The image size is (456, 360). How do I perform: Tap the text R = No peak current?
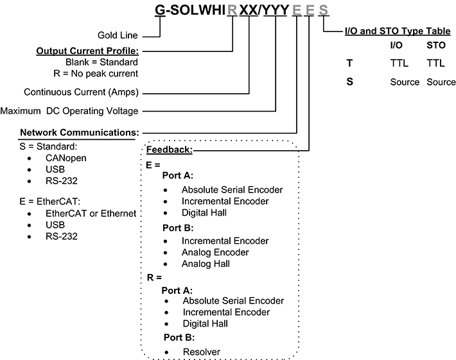coord(102,74)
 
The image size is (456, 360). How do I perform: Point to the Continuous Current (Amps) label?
coord(81,92)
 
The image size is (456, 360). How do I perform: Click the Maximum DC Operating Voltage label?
coord(69,111)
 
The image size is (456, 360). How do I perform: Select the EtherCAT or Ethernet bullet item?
coord(91,213)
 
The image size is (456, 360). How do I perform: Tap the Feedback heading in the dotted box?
coord(170,149)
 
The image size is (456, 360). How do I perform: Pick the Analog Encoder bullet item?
coord(215,252)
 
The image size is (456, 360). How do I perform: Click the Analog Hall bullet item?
coord(206,264)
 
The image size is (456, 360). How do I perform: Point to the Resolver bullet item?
coord(202,351)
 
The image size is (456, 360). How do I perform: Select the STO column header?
coord(436,46)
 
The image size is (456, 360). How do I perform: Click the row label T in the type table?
coord(349,64)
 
